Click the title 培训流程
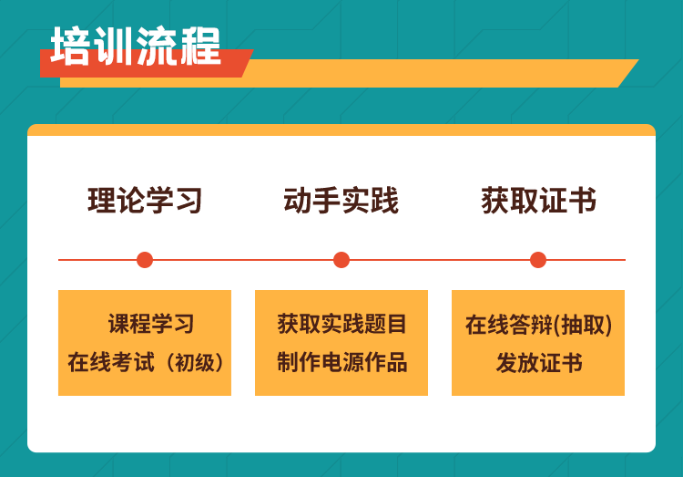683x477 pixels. pos(136,47)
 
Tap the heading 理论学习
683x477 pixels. pos(145,201)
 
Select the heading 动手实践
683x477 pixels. pos(341,201)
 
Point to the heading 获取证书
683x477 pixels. pos(539,201)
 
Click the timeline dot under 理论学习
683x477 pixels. pos(145,260)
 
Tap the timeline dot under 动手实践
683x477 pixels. pos(341,260)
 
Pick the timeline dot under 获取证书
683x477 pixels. pos(538,260)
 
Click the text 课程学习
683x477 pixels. pos(151,324)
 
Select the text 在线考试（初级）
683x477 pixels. pos(145,362)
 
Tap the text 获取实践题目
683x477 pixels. pos(341,324)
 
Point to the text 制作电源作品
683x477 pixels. pos(341,362)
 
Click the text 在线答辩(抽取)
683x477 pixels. pos(538,325)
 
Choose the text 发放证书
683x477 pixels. pos(539,362)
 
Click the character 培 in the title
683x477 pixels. pos(71,47)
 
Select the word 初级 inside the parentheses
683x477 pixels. pos(195,362)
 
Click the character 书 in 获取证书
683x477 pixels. pos(583,201)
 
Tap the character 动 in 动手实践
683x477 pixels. pos(298,201)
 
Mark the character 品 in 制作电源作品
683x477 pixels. pos(396,362)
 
